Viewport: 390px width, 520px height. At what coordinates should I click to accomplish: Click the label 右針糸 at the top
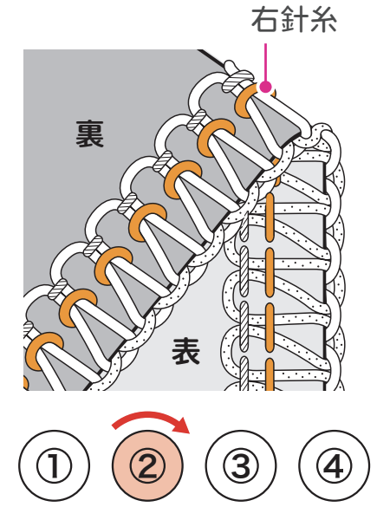(294, 20)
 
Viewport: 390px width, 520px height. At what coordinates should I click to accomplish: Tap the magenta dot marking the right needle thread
(266, 87)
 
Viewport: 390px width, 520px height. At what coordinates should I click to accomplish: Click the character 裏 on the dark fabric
(90, 133)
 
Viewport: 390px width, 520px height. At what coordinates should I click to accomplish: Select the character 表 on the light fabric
(185, 351)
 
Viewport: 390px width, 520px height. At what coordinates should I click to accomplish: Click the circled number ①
(54, 465)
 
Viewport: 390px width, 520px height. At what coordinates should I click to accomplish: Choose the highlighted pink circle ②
(147, 465)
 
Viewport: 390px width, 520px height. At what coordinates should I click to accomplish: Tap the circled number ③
(241, 465)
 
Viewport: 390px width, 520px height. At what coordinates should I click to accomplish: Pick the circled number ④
(334, 465)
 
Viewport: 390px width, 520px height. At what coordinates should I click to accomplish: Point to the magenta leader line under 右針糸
(265, 62)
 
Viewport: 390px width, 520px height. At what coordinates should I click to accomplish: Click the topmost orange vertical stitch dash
(270, 218)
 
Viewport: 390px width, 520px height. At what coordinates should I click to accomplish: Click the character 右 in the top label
(265, 20)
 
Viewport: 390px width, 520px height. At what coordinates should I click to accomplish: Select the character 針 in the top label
(294, 20)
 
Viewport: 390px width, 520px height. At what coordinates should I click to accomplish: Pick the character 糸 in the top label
(322, 20)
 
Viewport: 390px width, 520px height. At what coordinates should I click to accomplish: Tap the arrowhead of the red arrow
(182, 426)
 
